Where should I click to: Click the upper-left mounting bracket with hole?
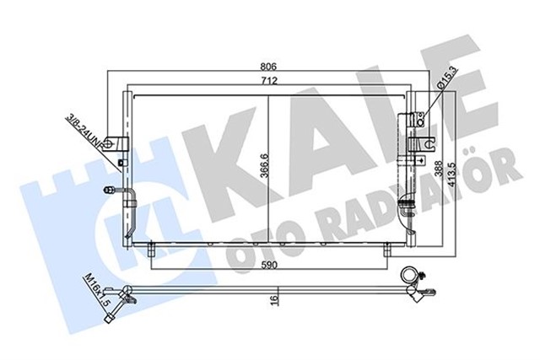(x=122, y=143)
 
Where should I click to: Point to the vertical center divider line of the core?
(x=267, y=169)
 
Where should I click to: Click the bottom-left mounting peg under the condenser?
(x=151, y=250)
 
